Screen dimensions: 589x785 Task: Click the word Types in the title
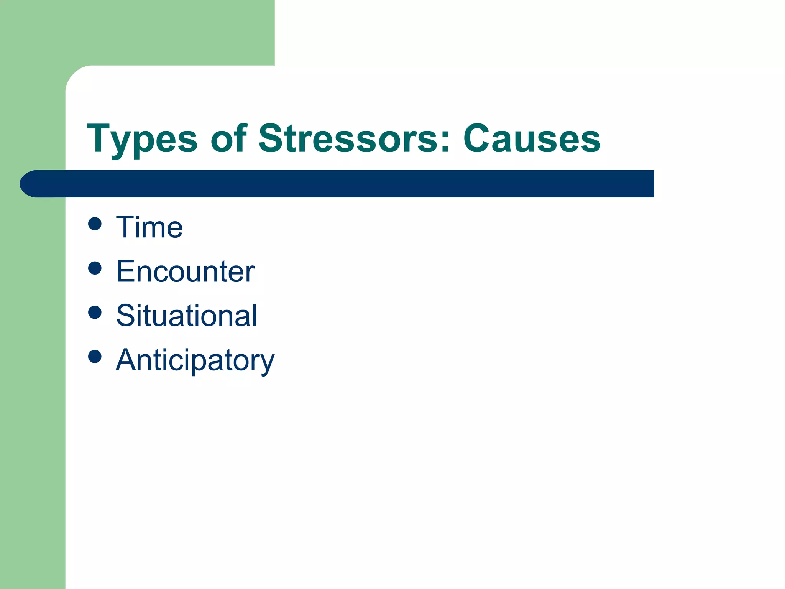[x=142, y=139]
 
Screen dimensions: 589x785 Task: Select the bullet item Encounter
[x=185, y=271]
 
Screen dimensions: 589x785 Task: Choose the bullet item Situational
[x=187, y=316]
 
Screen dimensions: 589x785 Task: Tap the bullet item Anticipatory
[x=195, y=360]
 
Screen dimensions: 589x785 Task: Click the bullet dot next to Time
[x=95, y=224]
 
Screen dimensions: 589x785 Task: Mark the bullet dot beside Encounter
[x=95, y=268]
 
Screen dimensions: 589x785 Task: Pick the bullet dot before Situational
[x=95, y=312]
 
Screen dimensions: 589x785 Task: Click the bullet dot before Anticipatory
[x=95, y=357]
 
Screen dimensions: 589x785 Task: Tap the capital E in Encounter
[x=126, y=271]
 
